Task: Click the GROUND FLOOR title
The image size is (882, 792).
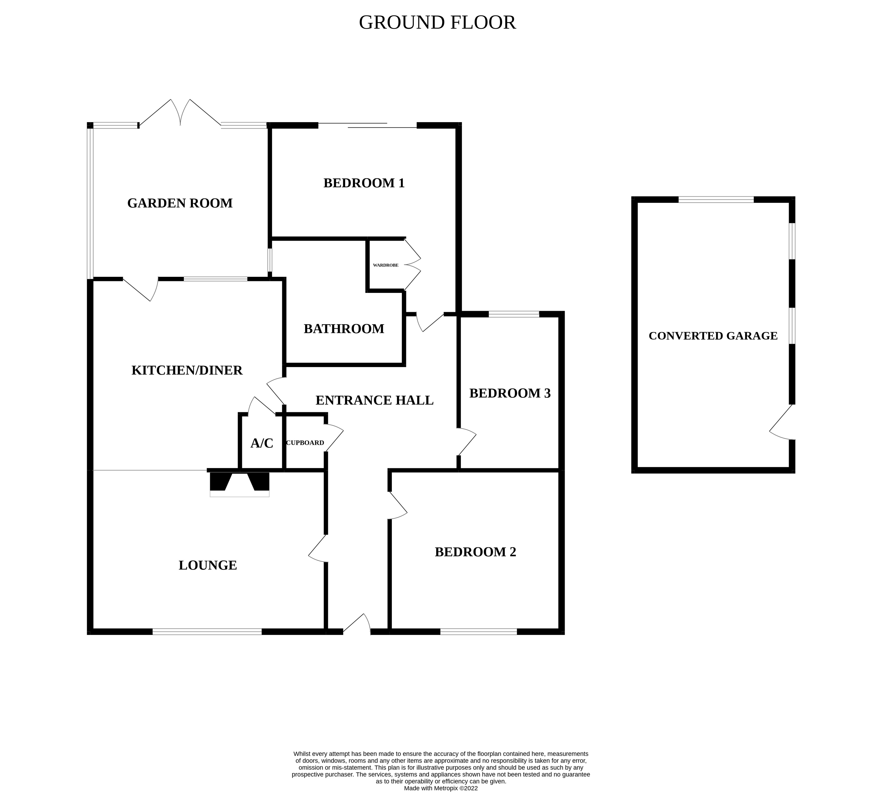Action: [437, 23]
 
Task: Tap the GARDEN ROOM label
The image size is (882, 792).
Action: [180, 203]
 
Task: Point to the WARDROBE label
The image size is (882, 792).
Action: [385, 265]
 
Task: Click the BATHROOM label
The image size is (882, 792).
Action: [344, 329]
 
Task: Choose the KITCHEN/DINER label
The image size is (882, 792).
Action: [187, 370]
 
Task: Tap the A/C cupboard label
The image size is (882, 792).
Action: [262, 444]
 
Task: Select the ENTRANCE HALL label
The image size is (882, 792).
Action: [374, 400]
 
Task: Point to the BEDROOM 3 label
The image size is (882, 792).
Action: [510, 393]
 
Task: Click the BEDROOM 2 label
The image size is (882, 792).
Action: [475, 552]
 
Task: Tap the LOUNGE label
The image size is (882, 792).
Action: [208, 565]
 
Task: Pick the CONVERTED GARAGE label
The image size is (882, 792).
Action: [713, 336]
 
